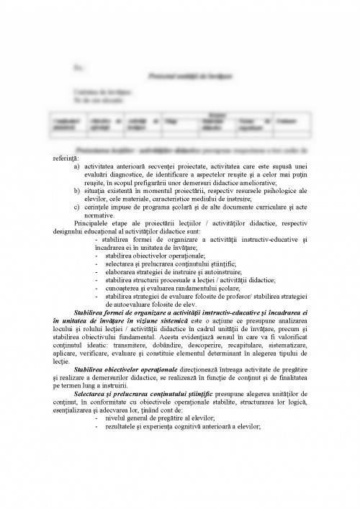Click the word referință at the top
coord(67,157)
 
